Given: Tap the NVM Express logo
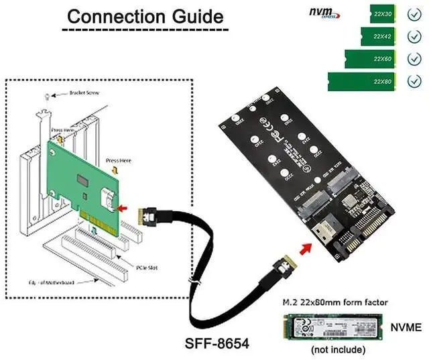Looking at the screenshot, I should pyautogui.click(x=325, y=13).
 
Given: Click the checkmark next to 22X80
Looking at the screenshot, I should pyautogui.click(x=414, y=81).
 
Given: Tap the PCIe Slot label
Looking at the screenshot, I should pyautogui.click(x=137, y=257).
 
